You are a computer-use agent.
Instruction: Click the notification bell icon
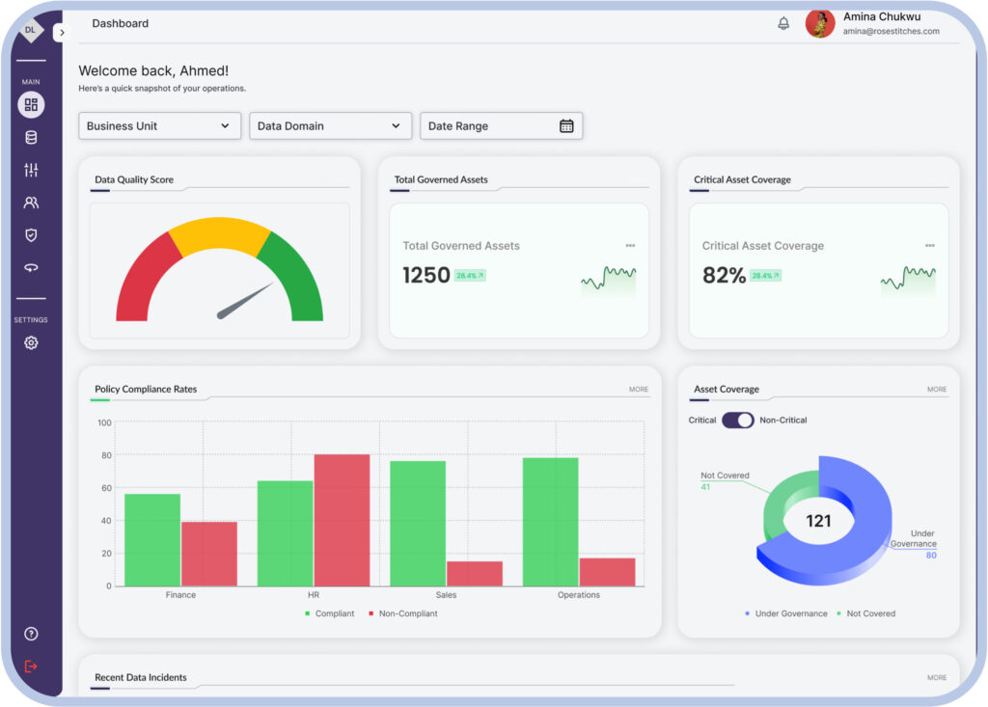click(783, 23)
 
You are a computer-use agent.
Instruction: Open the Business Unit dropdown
click(159, 126)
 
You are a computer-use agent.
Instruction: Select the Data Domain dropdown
click(330, 126)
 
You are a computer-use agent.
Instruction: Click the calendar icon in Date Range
click(566, 126)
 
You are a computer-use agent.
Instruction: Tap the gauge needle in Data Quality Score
click(245, 301)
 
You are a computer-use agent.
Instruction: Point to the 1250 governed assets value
click(426, 276)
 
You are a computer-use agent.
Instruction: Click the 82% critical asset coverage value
click(724, 276)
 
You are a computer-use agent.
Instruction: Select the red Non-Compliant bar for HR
click(342, 520)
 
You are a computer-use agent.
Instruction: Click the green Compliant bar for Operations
click(550, 521)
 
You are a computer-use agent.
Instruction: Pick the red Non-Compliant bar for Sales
click(474, 573)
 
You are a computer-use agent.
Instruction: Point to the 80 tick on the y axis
click(105, 455)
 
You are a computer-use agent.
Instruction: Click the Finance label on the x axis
click(180, 595)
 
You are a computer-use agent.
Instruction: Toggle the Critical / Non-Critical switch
click(737, 421)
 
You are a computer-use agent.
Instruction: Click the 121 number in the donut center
click(818, 521)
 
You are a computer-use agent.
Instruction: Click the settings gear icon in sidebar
click(31, 343)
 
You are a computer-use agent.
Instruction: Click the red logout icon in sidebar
click(31, 666)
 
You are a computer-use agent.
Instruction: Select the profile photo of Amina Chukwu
click(819, 24)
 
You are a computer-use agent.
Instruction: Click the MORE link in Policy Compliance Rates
click(639, 390)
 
